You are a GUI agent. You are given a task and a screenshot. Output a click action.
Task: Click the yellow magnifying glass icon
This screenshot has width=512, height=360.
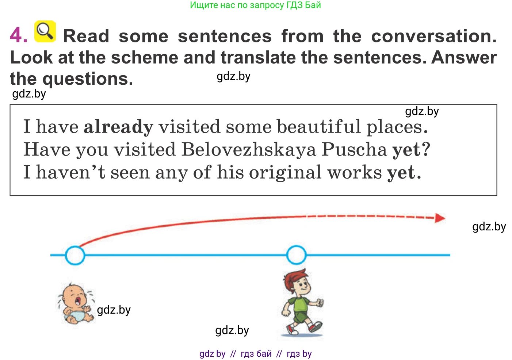pos(45,31)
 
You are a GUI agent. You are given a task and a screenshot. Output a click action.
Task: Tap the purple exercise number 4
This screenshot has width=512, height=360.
pos(18,35)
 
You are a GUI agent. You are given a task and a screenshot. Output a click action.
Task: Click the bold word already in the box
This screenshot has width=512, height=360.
pos(118,127)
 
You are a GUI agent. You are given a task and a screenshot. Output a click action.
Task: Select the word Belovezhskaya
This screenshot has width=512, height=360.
pos(249,149)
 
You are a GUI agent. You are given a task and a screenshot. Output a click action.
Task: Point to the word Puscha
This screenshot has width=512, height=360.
pos(354,149)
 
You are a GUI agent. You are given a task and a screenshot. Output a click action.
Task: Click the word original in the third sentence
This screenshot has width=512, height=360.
pos(285,172)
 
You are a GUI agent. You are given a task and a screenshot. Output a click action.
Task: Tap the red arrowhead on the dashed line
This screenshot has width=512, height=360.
pos(440,218)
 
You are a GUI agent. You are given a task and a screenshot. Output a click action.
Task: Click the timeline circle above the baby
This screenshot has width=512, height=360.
pos(75,255)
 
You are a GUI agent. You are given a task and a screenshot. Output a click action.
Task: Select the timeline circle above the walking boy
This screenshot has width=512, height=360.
pos(296,255)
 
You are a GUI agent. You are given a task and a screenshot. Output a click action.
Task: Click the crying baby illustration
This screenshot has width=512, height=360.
pos(76,304)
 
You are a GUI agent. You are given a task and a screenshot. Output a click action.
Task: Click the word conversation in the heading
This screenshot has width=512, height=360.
pos(434,36)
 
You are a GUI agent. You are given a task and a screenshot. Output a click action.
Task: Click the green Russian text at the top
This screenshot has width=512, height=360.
pos(255,5)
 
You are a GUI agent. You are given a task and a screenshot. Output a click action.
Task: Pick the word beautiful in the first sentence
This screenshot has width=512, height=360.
pos(319,126)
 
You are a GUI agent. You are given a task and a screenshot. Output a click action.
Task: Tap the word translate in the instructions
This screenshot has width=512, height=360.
pos(258,57)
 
